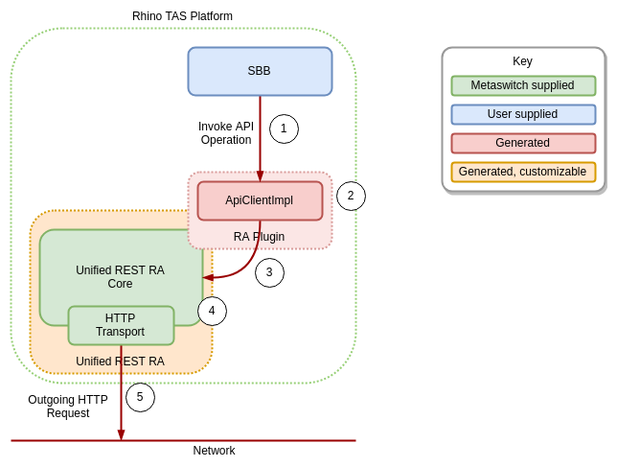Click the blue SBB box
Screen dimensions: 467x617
click(260, 71)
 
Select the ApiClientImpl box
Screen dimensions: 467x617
click(260, 200)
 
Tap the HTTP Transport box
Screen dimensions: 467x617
click(121, 325)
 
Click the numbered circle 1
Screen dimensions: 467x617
click(284, 128)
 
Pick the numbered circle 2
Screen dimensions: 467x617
click(351, 196)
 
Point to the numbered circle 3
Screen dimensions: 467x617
click(269, 272)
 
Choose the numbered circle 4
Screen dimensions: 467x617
click(212, 311)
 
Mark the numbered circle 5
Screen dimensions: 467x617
click(140, 397)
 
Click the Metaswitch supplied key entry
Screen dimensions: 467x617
click(523, 85)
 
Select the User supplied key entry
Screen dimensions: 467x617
click(523, 114)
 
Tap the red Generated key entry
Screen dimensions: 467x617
click(523, 143)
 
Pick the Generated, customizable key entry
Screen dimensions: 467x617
click(523, 172)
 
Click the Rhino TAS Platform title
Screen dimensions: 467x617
click(182, 16)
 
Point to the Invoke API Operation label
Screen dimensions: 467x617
click(226, 133)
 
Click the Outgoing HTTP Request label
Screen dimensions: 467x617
click(68, 407)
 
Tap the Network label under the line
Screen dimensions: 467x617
click(214, 451)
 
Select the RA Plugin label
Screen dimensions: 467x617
click(259, 237)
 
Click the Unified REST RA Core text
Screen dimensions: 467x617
click(120, 277)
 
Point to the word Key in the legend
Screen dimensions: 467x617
click(522, 61)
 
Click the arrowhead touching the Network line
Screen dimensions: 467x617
click(121, 435)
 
